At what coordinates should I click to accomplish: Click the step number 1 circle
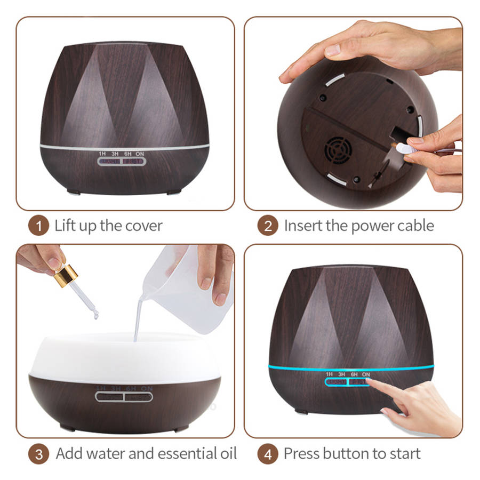(x=38, y=226)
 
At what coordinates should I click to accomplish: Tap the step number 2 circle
(x=268, y=226)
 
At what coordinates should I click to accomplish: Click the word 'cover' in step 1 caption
(x=144, y=226)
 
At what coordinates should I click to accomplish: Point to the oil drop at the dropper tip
(x=95, y=316)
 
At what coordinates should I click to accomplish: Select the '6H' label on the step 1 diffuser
(x=127, y=154)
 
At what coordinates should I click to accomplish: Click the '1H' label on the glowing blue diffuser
(x=329, y=374)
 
